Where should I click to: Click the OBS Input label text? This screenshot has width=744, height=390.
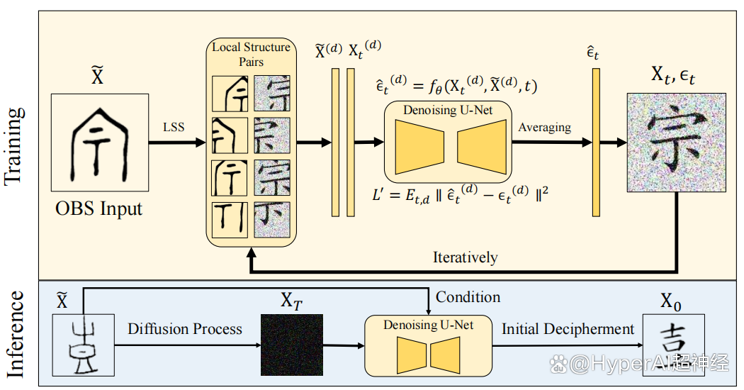click(x=99, y=208)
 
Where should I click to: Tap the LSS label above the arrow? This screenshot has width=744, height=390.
click(x=173, y=127)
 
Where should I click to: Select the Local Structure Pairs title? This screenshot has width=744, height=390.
click(x=251, y=54)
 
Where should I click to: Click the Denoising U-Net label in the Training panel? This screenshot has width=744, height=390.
click(x=447, y=110)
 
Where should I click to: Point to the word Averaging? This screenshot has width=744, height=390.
click(x=544, y=128)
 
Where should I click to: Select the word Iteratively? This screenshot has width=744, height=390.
click(x=465, y=257)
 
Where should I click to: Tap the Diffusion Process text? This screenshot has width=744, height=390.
click(x=185, y=329)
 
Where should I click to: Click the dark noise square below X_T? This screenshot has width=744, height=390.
click(x=291, y=345)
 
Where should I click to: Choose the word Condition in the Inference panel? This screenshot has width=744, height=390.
click(x=468, y=297)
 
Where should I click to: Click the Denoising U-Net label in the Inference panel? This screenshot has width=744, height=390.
click(x=428, y=325)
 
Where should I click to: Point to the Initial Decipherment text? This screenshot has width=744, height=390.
click(x=568, y=329)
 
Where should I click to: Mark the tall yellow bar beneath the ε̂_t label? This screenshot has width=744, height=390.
click(x=596, y=143)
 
